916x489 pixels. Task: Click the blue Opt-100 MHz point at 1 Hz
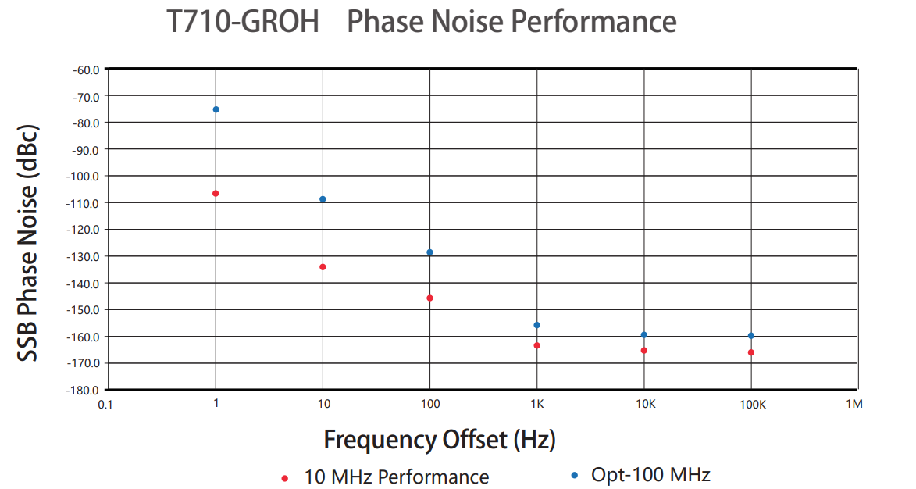(x=216, y=109)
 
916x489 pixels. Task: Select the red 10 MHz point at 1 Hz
(x=216, y=193)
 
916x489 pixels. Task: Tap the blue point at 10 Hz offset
(x=323, y=199)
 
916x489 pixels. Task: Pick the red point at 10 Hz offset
(x=323, y=267)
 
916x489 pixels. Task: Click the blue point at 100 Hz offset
(x=429, y=252)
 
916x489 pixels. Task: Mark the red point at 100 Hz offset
(x=429, y=298)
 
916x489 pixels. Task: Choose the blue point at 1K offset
(x=536, y=325)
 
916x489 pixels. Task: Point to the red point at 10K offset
(x=643, y=350)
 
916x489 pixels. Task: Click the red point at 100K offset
(x=750, y=352)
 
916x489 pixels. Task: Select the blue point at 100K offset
(x=750, y=336)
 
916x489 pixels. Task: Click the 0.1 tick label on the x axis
(x=105, y=405)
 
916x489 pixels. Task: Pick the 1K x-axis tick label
(x=536, y=405)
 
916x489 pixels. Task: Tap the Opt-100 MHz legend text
(x=650, y=474)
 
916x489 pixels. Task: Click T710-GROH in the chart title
(x=244, y=22)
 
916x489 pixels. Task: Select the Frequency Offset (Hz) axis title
(x=440, y=440)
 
